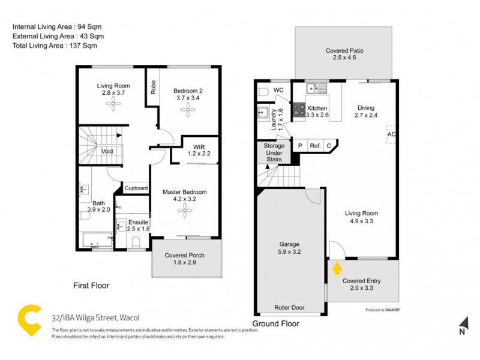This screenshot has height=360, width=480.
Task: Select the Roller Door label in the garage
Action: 289,308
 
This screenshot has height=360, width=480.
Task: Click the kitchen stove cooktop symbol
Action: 298,111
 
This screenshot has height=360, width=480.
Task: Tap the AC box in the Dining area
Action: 392,134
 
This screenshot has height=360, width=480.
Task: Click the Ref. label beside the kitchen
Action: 314,145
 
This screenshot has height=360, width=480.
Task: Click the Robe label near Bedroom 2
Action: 154,88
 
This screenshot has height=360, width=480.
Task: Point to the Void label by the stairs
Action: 107,151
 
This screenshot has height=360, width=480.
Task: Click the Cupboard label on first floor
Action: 136,188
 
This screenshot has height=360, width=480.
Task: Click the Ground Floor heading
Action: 275,324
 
